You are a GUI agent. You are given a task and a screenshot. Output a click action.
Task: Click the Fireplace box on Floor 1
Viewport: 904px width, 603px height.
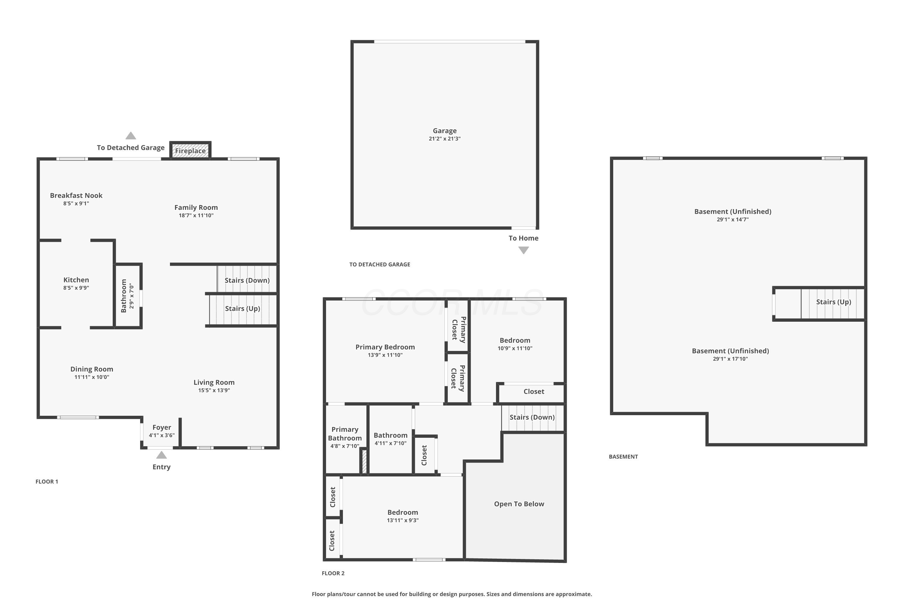tap(190, 150)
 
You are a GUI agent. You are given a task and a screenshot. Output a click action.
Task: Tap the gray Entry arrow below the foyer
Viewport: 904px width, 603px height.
tap(162, 455)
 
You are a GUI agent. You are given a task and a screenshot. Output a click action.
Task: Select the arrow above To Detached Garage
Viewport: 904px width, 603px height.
tap(131, 135)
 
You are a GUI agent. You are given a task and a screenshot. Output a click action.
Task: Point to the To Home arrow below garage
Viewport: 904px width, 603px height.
tap(523, 250)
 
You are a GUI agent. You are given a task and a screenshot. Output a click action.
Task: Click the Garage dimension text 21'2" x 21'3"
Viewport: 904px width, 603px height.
tap(445, 139)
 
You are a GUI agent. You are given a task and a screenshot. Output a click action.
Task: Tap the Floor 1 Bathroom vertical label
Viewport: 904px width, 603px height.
tap(123, 296)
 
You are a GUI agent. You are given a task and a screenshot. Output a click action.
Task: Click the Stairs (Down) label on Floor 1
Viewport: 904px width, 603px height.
tap(247, 280)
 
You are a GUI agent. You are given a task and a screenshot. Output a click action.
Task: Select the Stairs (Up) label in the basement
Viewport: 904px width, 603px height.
tap(834, 302)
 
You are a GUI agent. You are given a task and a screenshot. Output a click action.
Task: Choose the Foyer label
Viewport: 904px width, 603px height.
tap(162, 427)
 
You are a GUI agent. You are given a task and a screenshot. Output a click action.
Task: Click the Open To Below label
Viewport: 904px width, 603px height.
tap(519, 504)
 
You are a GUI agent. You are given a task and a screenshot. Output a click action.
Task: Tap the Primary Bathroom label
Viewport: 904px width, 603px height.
tap(345, 434)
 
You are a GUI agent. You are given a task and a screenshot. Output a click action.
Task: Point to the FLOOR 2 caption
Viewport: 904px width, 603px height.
tap(333, 573)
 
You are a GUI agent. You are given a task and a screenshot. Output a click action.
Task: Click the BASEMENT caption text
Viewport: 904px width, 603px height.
tap(623, 456)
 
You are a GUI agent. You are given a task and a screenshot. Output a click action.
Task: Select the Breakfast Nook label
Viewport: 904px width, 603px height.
tap(76, 195)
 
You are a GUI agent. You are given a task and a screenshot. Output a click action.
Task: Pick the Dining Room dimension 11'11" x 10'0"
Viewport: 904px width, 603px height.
tap(92, 377)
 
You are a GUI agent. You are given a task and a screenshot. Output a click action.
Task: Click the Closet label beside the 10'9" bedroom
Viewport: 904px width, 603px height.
tap(534, 391)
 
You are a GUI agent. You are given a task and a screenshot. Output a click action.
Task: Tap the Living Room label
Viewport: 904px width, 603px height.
tap(214, 382)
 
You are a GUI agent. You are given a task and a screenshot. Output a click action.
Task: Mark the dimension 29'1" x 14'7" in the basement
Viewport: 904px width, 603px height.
tap(733, 219)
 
